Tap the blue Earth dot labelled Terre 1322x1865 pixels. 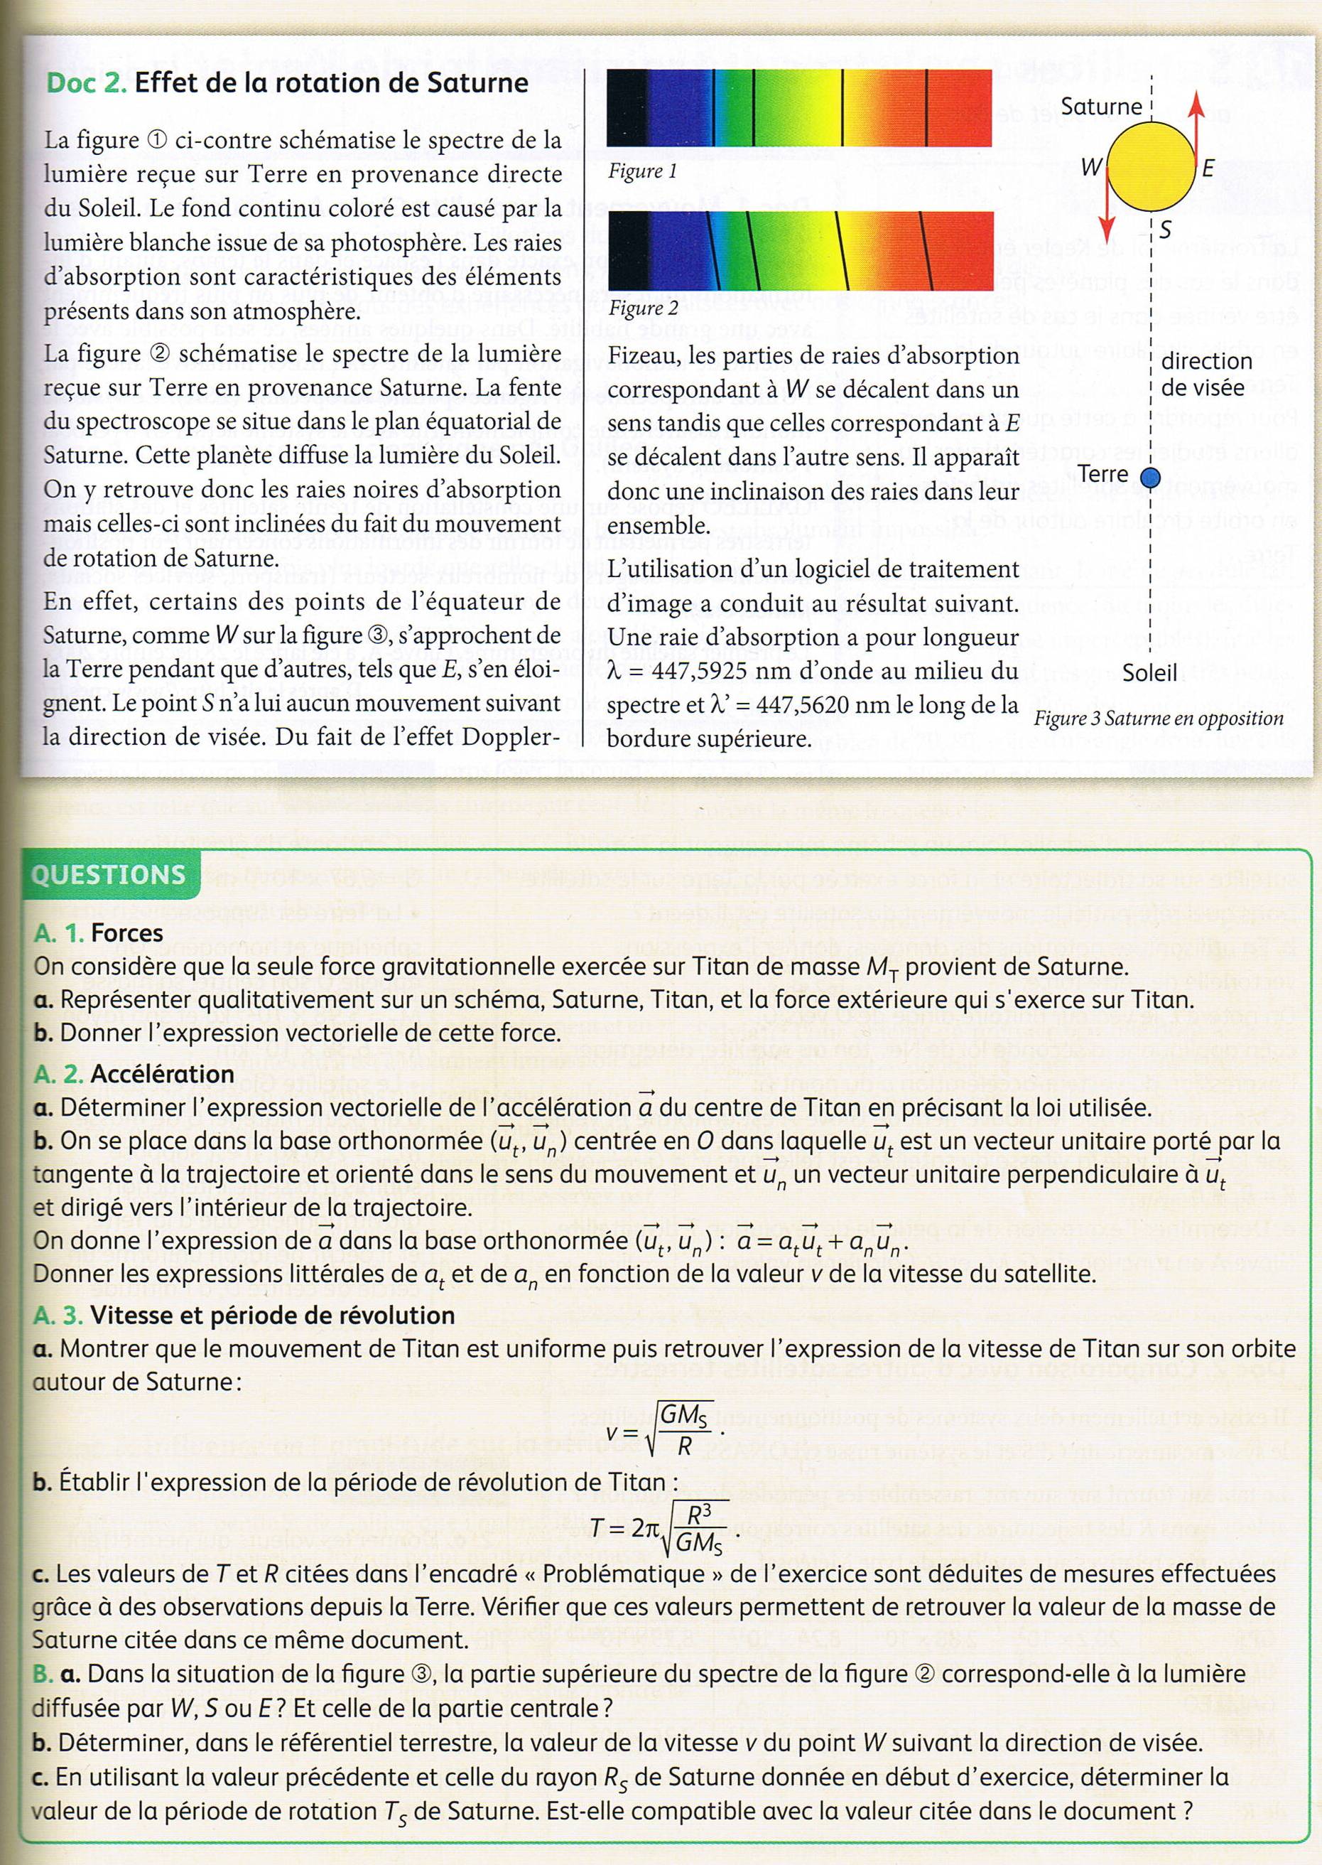click(1149, 478)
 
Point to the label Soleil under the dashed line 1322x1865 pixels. click(1149, 672)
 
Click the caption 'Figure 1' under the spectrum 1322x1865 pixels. click(642, 172)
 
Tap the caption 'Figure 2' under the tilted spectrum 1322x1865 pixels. click(642, 308)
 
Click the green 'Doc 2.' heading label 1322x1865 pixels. click(86, 83)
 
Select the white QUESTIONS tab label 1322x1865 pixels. click(108, 875)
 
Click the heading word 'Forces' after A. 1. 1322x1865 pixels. click(127, 933)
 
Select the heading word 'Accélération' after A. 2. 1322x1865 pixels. click(162, 1074)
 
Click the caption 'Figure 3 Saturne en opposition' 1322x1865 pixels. click(1159, 719)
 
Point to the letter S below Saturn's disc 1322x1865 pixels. click(1165, 230)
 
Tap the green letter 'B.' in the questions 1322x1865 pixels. click(43, 1675)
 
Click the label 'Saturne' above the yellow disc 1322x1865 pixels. click(1100, 107)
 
